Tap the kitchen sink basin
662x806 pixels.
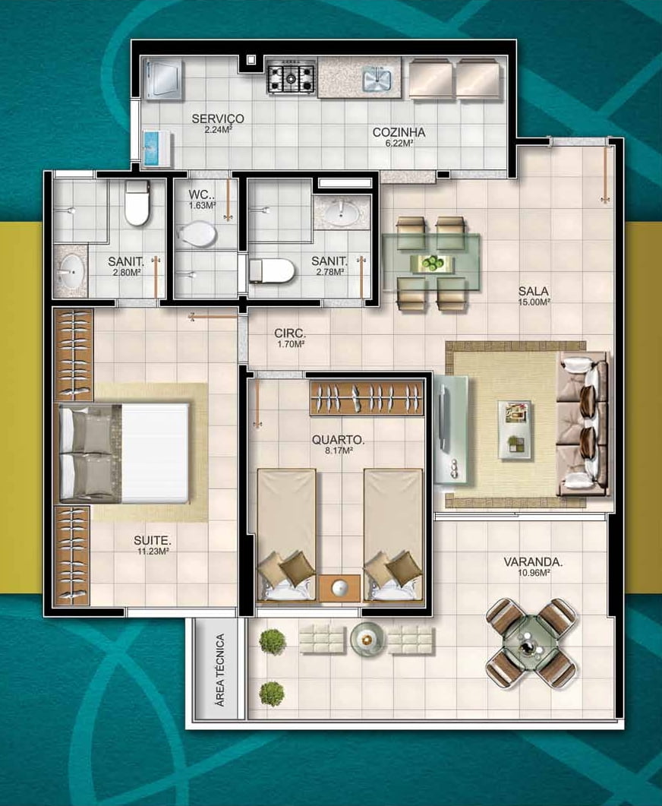tap(377, 79)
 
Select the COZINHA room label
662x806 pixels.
tap(399, 132)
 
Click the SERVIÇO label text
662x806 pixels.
tap(218, 119)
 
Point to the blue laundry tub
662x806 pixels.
tap(157, 149)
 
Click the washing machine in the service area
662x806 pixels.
tap(162, 79)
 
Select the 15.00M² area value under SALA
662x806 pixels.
tap(534, 302)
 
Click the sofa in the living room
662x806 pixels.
tap(583, 424)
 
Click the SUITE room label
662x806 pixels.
tap(153, 540)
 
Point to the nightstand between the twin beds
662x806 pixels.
tap(339, 588)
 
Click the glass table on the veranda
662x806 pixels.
tap(531, 643)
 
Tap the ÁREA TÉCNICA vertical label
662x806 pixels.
tap(220, 670)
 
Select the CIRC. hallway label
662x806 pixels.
tap(290, 333)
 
